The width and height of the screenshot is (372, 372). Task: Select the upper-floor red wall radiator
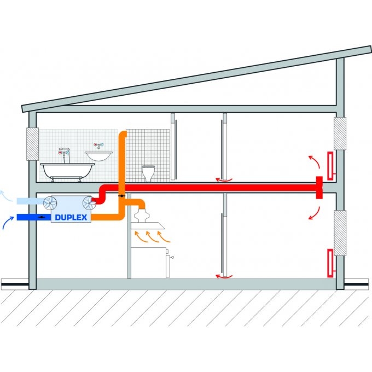tap(330, 165)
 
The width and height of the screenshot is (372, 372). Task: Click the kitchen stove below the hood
tap(150, 261)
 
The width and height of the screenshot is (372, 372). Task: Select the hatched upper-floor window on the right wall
tap(340, 133)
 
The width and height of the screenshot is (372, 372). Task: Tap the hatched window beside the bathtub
tap(32, 145)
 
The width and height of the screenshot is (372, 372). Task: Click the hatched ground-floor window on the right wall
tap(340, 233)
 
